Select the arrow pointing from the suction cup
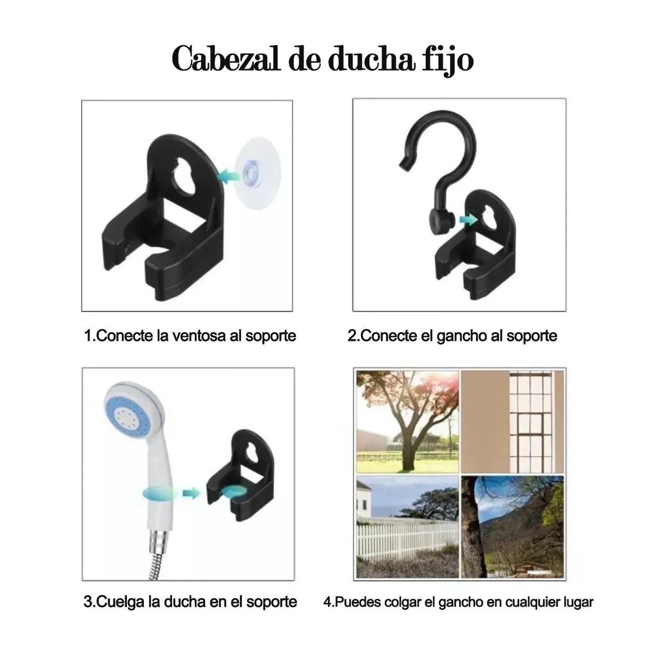click(x=230, y=176)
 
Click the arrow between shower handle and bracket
click(x=191, y=493)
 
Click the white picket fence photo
click(x=407, y=527)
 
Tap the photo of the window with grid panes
click(x=513, y=422)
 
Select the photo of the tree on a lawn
click(x=407, y=422)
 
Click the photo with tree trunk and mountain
click(x=513, y=527)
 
